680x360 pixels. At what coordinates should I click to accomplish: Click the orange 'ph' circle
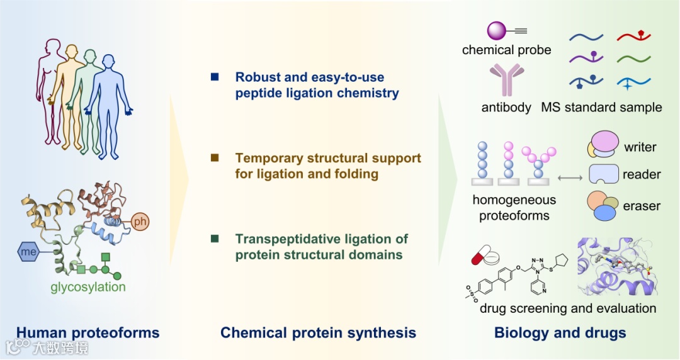point(140,221)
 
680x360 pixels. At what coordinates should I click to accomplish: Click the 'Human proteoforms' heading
point(88,332)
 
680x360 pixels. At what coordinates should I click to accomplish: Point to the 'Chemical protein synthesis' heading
point(318,332)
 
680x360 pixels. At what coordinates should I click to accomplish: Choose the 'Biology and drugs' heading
point(560,332)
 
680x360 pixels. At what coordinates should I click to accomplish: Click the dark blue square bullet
point(215,77)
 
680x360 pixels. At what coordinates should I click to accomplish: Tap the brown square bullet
point(215,157)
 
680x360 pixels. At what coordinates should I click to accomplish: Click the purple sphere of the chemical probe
point(497,30)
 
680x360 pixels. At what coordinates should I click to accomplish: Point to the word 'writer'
point(640,147)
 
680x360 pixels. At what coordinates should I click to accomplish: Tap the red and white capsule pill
point(479,257)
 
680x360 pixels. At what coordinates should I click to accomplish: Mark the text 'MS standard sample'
point(601,107)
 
